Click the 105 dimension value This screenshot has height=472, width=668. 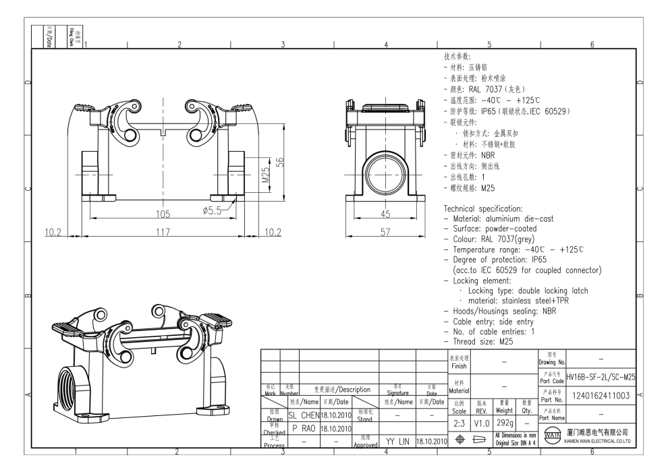160,214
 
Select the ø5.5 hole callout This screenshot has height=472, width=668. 215,210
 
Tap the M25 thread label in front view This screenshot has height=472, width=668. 265,176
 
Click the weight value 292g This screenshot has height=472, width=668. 505,422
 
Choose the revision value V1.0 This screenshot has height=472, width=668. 481,422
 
